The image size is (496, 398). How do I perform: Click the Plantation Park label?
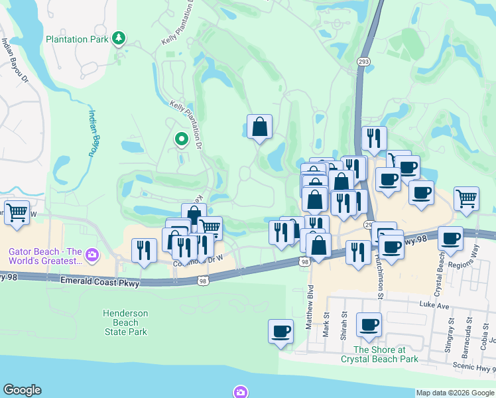pos(77,39)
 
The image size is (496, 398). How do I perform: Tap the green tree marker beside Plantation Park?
pos(119,38)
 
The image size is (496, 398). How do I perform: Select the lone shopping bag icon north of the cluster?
pos(259,126)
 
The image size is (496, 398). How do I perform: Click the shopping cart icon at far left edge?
pos(17,213)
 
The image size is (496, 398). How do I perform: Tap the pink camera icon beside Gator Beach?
pos(93,253)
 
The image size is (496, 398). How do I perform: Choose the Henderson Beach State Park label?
pos(125,322)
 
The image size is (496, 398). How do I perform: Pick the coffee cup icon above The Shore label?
pos(369,325)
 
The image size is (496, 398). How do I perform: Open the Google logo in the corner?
pos(22,390)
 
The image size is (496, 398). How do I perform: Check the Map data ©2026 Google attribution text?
pos(455,393)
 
